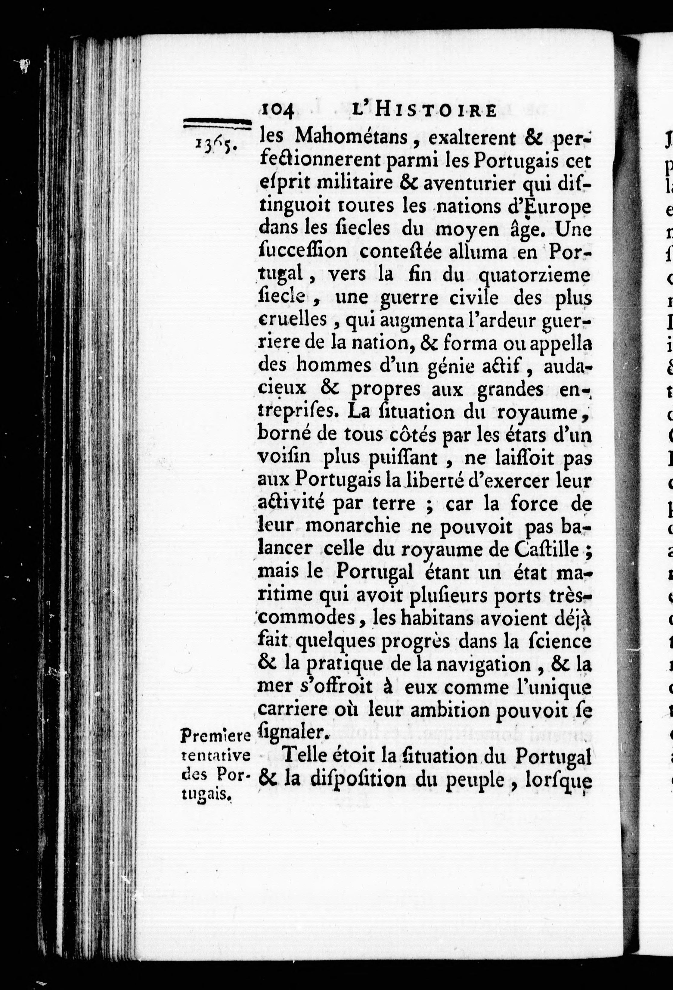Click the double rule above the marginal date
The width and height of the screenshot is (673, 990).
point(216,123)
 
